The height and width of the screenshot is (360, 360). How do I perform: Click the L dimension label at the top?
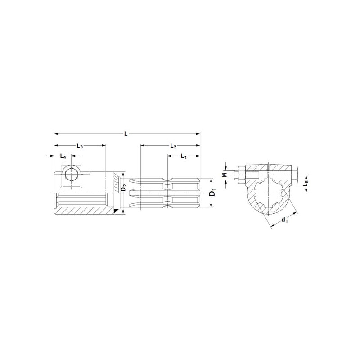point(126,134)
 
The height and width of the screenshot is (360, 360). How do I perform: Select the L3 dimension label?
point(80,146)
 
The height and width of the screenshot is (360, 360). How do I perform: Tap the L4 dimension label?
point(63,156)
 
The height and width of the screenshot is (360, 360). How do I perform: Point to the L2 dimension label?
point(173,146)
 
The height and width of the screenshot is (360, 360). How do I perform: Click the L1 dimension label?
point(184,156)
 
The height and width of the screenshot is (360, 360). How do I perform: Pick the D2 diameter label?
point(124,188)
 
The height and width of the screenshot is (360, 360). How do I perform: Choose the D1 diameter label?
point(213,193)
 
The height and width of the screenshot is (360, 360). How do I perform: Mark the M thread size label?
point(225,175)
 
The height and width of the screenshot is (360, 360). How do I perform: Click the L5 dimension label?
point(306,184)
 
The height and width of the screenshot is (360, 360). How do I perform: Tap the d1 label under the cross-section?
point(284,220)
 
